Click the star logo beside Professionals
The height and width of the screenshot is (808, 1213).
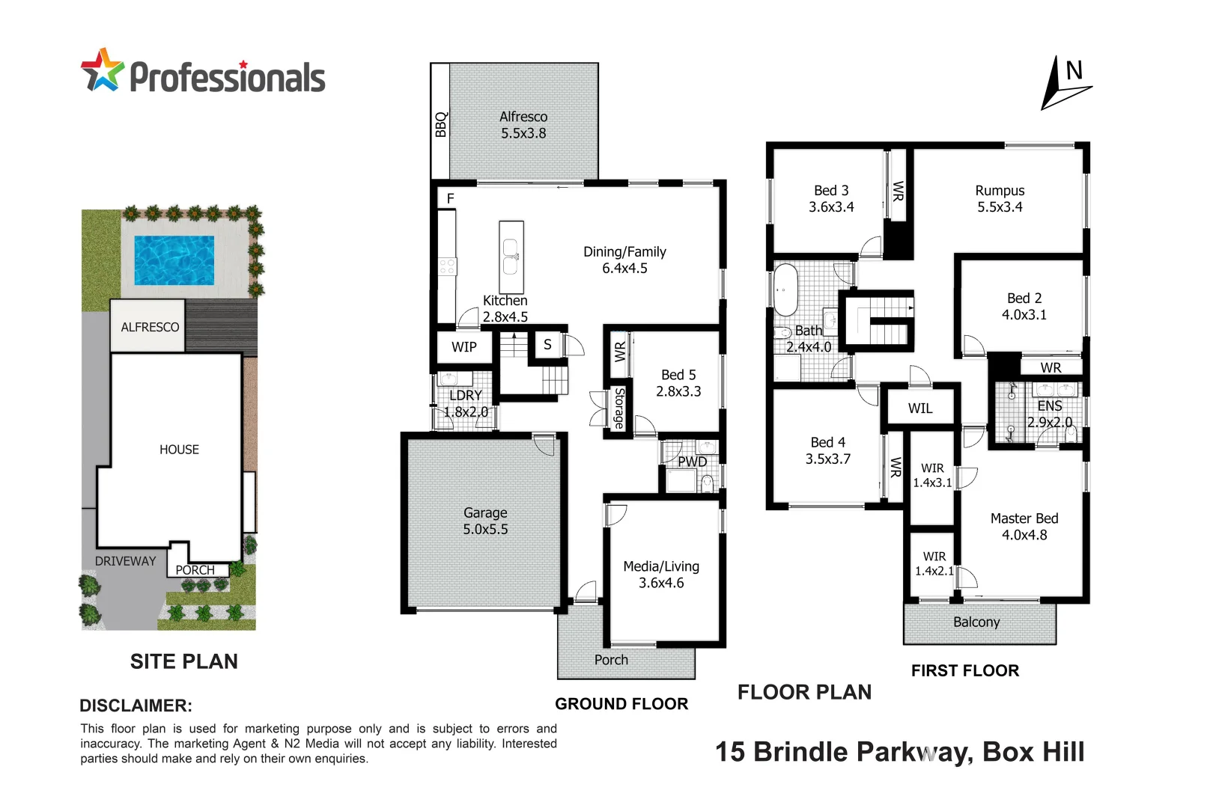pyautogui.click(x=102, y=71)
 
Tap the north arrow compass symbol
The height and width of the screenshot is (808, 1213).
pyautogui.click(x=1065, y=85)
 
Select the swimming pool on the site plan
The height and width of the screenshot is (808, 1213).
pyautogui.click(x=174, y=260)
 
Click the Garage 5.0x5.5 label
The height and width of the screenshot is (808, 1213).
pyautogui.click(x=485, y=521)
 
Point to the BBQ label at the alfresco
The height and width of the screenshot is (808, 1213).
pyautogui.click(x=440, y=124)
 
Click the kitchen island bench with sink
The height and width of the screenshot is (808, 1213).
pyautogui.click(x=511, y=257)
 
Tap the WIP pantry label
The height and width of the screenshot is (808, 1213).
pyautogui.click(x=463, y=347)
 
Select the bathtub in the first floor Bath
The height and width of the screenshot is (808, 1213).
pyautogui.click(x=785, y=289)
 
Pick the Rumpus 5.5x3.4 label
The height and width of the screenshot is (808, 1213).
pyautogui.click(x=1000, y=198)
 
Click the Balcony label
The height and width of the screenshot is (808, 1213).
pyautogui.click(x=976, y=622)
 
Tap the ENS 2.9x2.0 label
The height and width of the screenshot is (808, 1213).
pyautogui.click(x=1049, y=414)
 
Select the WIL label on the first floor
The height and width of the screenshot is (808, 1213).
pyautogui.click(x=920, y=408)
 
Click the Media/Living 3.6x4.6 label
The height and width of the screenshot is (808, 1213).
pyautogui.click(x=661, y=575)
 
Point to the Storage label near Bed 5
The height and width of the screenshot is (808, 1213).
pyautogui.click(x=619, y=408)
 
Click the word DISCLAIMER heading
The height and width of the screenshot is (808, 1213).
pyautogui.click(x=136, y=706)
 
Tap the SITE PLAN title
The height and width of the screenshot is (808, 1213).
pyautogui.click(x=183, y=661)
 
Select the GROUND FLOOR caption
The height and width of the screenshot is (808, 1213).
pyautogui.click(x=621, y=704)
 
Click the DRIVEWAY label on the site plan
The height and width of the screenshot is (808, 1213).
pyautogui.click(x=125, y=561)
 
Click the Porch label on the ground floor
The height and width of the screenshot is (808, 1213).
pyautogui.click(x=611, y=660)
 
